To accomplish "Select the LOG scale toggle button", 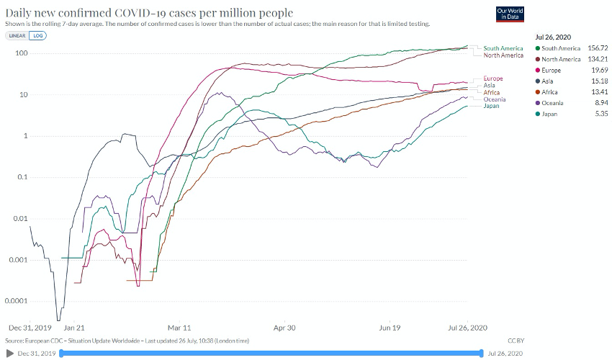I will (37, 35).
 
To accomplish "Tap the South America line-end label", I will (503, 48).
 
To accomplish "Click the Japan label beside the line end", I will (491, 106).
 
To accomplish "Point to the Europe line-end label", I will (493, 78).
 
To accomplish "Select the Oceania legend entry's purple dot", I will (538, 103).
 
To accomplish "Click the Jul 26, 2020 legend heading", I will (552, 35).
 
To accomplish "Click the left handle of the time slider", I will (62, 353).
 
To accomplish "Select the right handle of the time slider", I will (481, 353).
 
